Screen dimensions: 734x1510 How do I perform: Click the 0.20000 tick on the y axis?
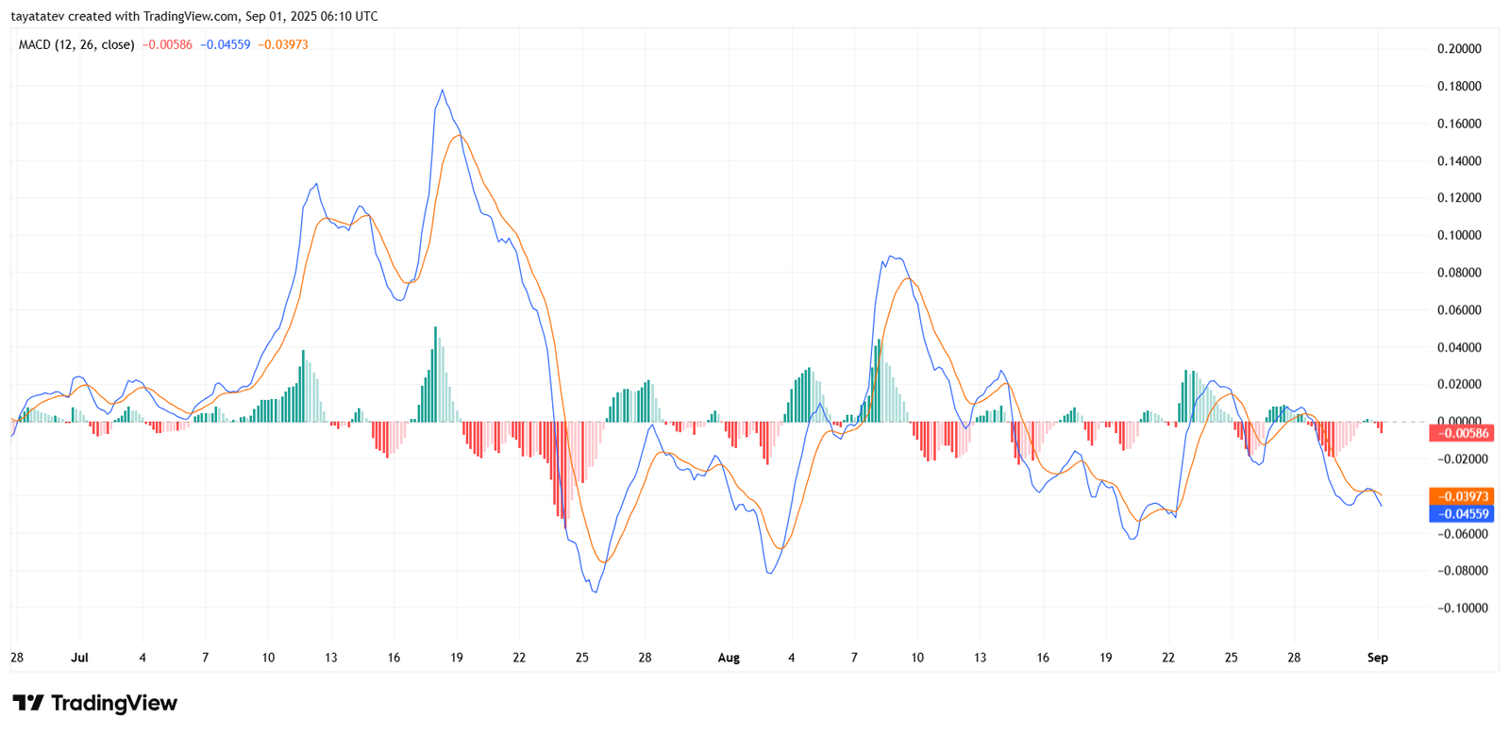click(1459, 49)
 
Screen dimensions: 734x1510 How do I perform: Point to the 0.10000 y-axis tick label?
click(1459, 235)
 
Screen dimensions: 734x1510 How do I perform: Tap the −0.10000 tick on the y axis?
click(1462, 608)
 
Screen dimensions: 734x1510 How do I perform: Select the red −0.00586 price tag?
click(1462, 434)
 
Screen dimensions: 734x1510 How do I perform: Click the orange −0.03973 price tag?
click(1462, 496)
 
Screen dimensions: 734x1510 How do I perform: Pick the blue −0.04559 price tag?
click(1462, 514)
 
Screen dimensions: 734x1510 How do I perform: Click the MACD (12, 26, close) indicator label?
click(76, 44)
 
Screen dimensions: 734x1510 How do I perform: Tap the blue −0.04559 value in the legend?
click(226, 44)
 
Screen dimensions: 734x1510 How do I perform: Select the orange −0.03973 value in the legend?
click(283, 44)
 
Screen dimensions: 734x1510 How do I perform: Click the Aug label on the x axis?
click(729, 658)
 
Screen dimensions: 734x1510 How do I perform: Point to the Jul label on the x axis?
click(79, 658)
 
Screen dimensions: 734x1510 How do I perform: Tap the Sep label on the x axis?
click(1378, 658)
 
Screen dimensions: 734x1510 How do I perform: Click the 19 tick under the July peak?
click(457, 658)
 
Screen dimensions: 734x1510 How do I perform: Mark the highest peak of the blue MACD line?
click(443, 91)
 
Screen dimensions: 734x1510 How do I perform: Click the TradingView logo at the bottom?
click(94, 703)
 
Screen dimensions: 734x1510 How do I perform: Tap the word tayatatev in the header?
click(37, 16)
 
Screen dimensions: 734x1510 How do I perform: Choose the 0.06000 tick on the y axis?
click(1459, 309)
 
